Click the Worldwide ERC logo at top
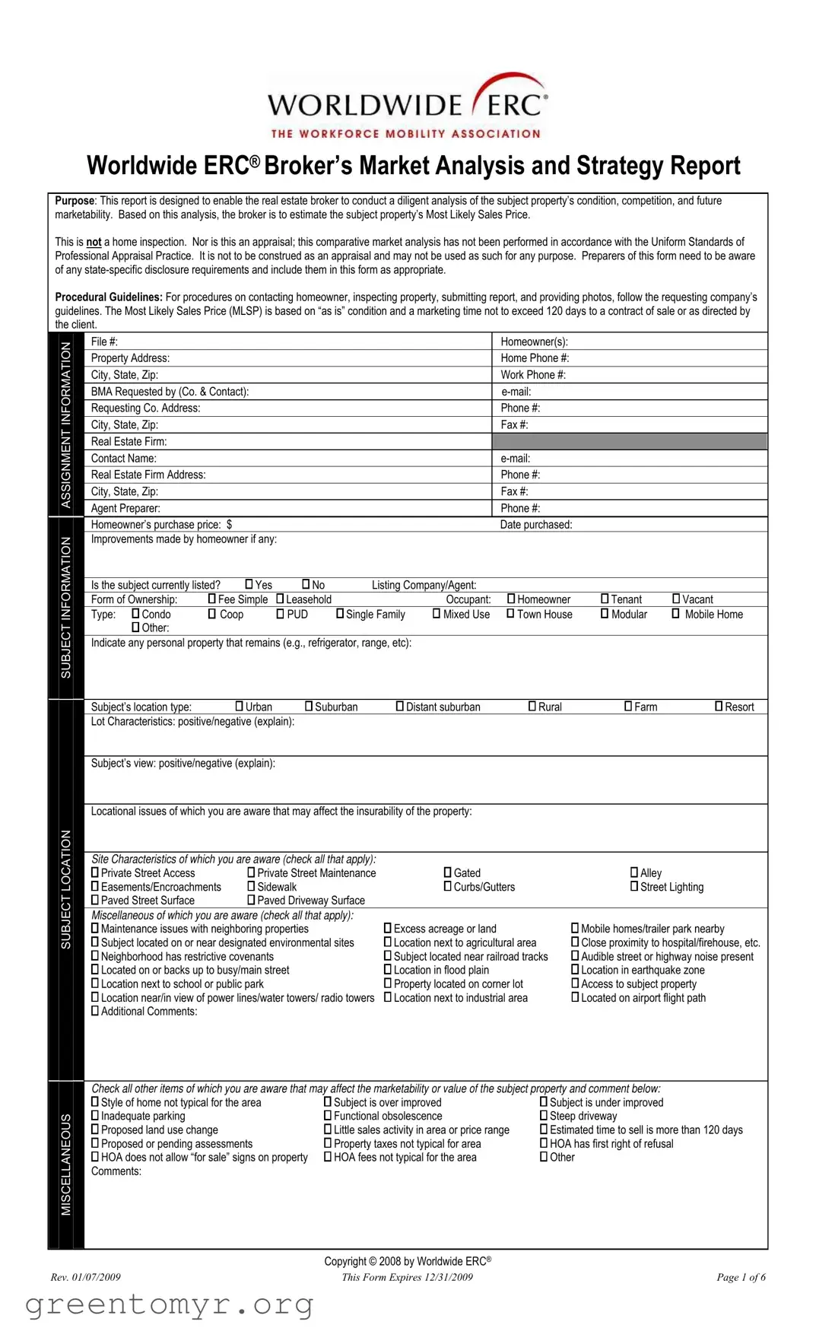[408, 106]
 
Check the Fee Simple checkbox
[212, 599]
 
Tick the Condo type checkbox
[136, 613]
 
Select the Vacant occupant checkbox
[676, 599]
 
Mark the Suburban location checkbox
[309, 706]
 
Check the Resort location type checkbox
[719, 706]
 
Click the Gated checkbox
[448, 872]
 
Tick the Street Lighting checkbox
[634, 886]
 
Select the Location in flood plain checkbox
[388, 969]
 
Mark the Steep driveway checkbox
[544, 1115]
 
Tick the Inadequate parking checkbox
[95, 1115]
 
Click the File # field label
[104, 342]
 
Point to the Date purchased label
[535, 524]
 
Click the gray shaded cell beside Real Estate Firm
[629, 441]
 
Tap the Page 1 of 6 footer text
[741, 1277]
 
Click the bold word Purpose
[75, 201]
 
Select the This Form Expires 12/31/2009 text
[407, 1277]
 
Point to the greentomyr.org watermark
[169, 1304]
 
